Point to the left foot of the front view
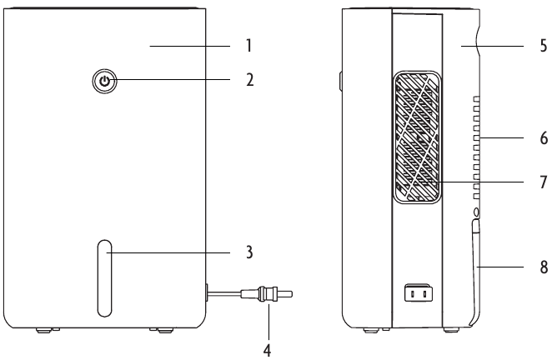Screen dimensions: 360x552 [46, 331]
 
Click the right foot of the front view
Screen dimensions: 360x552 [159, 331]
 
